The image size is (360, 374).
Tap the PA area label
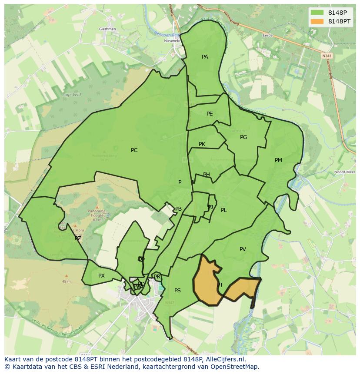205,57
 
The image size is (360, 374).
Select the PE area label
210,114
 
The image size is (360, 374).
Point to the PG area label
243,137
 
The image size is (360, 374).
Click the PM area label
278,160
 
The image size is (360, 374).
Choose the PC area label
134,150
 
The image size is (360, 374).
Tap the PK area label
202,144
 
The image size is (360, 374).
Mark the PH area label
207,175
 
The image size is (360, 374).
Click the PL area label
223,210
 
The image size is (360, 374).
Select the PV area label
243,249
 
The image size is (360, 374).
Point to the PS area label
177,291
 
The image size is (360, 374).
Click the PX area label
101,276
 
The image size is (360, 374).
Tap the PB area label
178,209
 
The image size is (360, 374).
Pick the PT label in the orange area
220,285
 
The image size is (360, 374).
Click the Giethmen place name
107,29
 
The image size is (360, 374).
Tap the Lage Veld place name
72,95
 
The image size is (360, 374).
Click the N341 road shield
327,56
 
